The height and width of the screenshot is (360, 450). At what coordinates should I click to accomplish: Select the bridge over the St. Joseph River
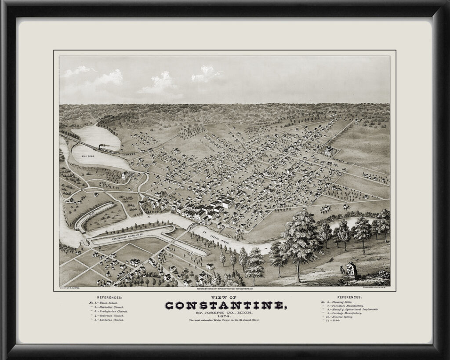pyautogui.click(x=192, y=226)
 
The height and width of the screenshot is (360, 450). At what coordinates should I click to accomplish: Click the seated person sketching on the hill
pyautogui.click(x=351, y=269)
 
